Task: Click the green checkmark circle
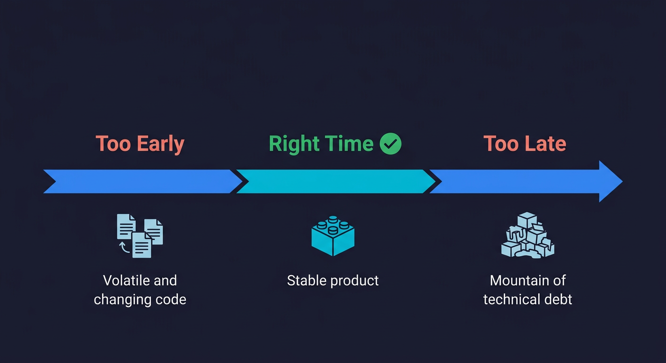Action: (x=391, y=144)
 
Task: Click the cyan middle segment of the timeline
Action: (x=335, y=181)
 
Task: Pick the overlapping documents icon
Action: (x=140, y=235)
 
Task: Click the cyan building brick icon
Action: (x=333, y=235)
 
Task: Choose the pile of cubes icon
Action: (x=527, y=235)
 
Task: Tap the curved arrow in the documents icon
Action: (x=124, y=247)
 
